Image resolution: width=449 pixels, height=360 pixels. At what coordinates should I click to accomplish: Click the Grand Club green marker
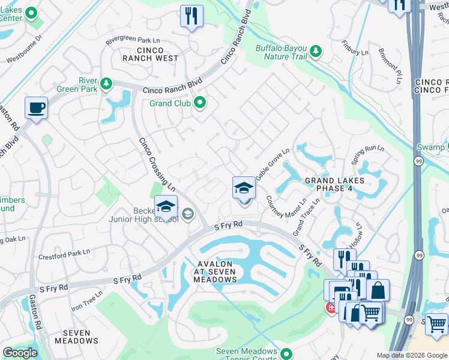coord(199,103)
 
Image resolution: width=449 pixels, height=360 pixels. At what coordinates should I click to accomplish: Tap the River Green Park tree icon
coord(106,83)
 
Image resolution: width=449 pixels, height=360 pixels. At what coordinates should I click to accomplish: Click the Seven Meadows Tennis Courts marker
coord(286,354)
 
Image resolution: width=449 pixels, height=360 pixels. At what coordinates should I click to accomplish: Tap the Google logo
coord(20,353)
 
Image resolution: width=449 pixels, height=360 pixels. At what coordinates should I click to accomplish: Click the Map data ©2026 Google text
coord(411,355)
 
